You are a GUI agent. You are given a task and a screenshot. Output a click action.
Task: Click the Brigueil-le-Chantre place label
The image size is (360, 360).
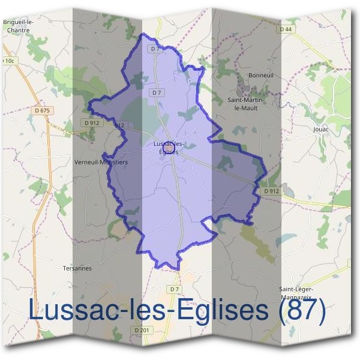tap(18, 26)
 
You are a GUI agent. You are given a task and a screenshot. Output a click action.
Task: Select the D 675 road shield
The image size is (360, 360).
tap(42, 110)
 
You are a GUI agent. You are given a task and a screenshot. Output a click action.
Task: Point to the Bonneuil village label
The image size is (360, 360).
tap(261, 76)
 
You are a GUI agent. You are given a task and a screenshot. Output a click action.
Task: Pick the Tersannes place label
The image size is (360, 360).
tap(77, 268)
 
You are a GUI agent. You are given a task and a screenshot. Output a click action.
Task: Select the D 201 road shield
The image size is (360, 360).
tap(142, 330)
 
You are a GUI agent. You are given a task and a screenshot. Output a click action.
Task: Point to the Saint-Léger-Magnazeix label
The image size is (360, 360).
tap(297, 292)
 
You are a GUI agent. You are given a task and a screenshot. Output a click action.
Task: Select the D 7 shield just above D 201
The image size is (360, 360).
tap(174, 290)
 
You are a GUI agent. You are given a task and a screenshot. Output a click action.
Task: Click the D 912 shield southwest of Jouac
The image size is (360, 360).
tap(272, 191)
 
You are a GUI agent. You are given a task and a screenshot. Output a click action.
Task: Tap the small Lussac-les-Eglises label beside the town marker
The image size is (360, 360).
tap(170, 148)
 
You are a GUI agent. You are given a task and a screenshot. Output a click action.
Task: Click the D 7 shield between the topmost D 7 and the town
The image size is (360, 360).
tap(157, 93)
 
